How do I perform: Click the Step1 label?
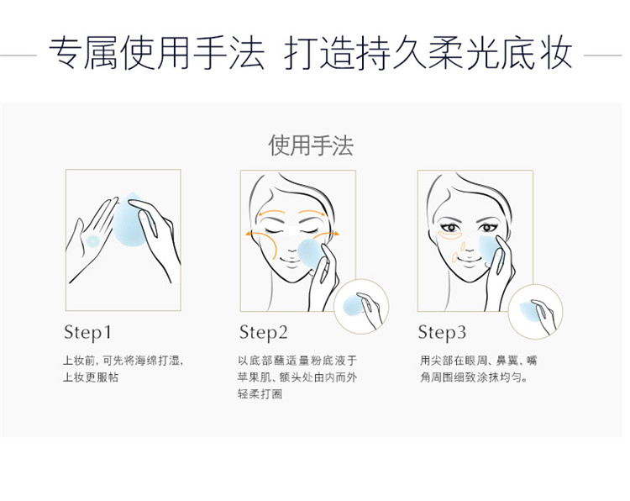point(87,333)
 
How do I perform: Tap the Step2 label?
point(264,333)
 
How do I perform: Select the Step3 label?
point(442,333)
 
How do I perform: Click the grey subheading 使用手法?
point(311,145)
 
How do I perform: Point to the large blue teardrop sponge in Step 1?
point(129,220)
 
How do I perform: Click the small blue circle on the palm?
point(92,241)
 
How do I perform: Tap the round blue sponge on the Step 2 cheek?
point(311,253)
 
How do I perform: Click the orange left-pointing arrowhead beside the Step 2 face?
point(248,233)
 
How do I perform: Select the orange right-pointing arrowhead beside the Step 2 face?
point(336,233)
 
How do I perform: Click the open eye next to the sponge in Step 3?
point(486,228)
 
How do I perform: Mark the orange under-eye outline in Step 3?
point(449,235)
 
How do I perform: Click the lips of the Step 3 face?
point(468,261)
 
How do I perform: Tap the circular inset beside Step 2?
point(361,307)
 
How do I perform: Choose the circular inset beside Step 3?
point(535,312)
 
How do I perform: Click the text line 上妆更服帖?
point(91,377)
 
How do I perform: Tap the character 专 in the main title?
point(66,54)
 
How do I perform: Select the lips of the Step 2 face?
point(291,261)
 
